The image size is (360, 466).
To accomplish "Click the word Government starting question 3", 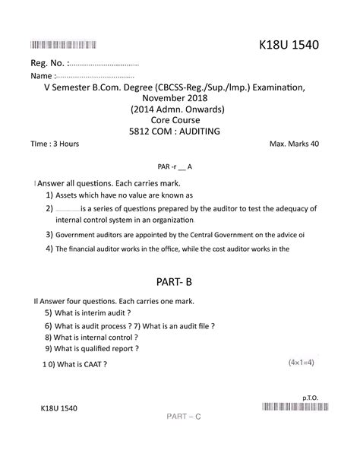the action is [x=77, y=235].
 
